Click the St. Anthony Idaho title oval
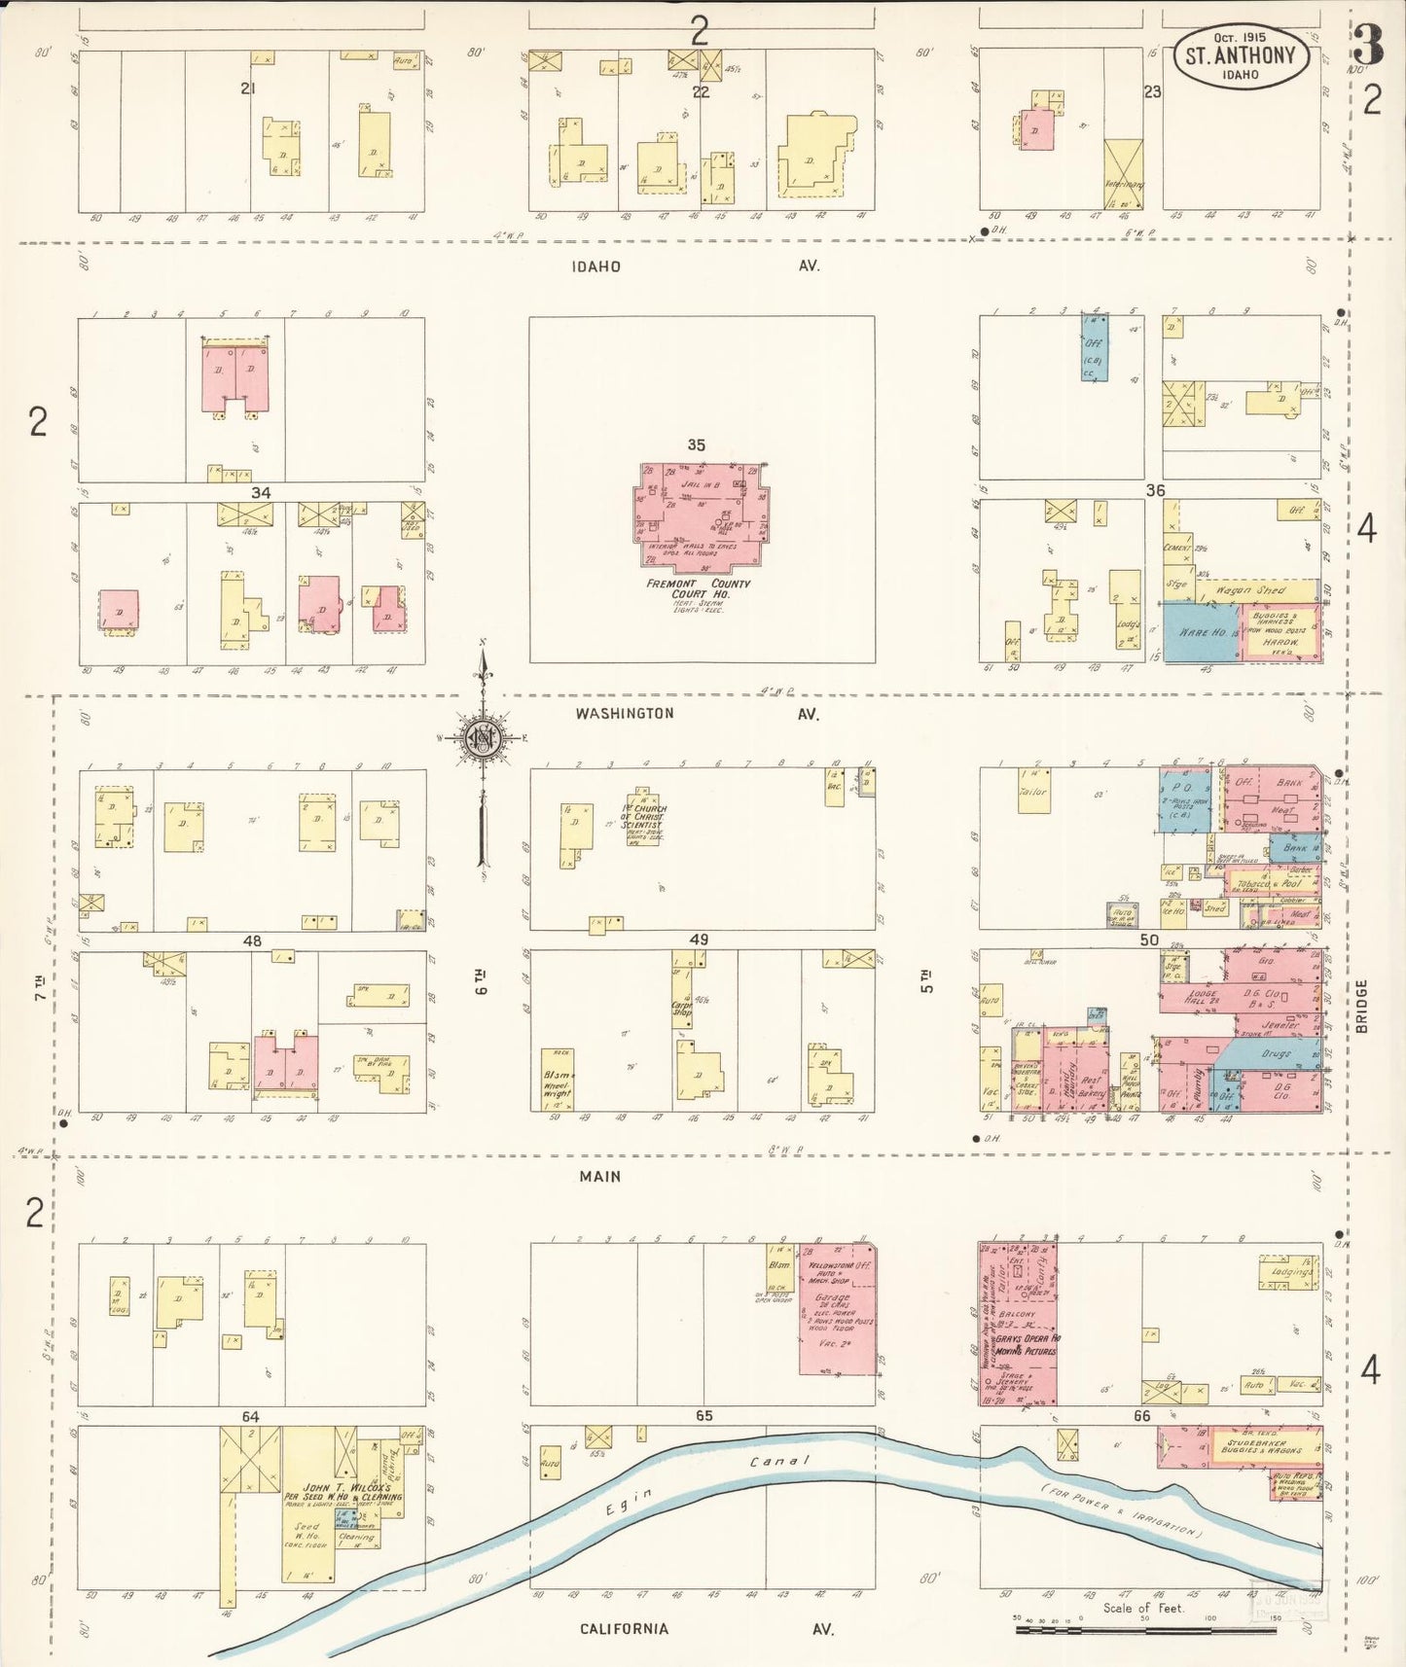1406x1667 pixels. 1240,57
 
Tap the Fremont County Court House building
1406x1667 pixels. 699,516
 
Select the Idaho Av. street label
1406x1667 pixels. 595,266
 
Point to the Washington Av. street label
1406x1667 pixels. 624,713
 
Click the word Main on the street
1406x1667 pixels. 600,1176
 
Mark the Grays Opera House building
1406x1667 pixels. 1018,1324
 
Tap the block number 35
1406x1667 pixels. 696,444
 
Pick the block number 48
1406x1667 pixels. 253,940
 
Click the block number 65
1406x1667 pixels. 703,1416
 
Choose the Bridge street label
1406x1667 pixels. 1361,1006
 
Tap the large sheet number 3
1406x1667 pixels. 1368,46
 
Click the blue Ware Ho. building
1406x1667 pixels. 1202,632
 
